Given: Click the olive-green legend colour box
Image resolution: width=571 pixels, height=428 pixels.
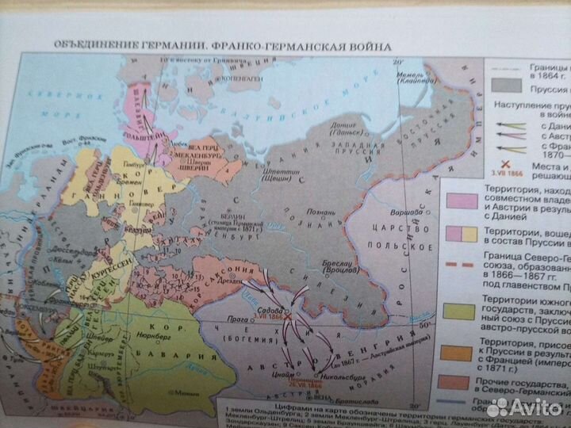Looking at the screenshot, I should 460,311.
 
